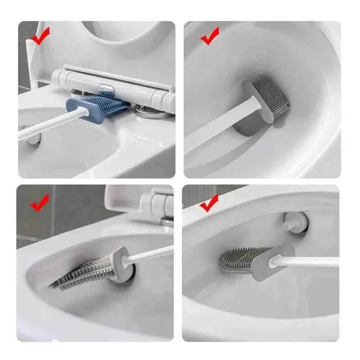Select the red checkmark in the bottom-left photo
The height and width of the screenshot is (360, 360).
point(40,203)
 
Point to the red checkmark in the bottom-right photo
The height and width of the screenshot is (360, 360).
point(209,203)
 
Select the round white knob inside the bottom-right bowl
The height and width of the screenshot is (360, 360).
point(295,221)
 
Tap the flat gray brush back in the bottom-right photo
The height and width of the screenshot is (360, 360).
point(270,263)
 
